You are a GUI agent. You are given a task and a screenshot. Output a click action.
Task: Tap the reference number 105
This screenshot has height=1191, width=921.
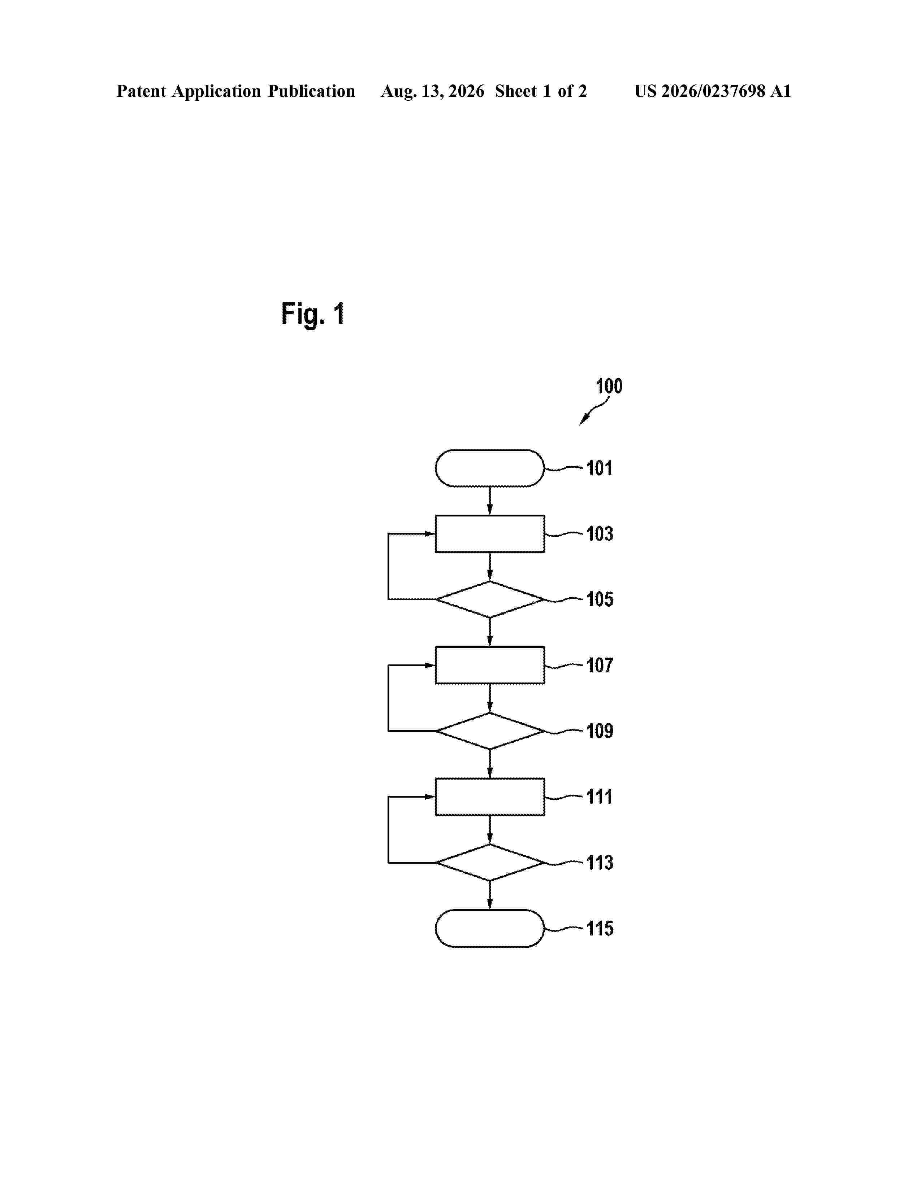pyautogui.click(x=600, y=599)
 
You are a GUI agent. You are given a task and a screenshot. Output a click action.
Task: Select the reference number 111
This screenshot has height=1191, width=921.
pyautogui.click(x=599, y=797)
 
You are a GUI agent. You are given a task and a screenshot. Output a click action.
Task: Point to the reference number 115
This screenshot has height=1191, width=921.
pyautogui.click(x=600, y=928)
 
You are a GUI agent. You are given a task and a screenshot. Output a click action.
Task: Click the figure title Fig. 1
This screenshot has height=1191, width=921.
pyautogui.click(x=313, y=314)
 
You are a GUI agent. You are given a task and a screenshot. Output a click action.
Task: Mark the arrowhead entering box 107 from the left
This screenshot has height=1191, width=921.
pyautogui.click(x=430, y=665)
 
